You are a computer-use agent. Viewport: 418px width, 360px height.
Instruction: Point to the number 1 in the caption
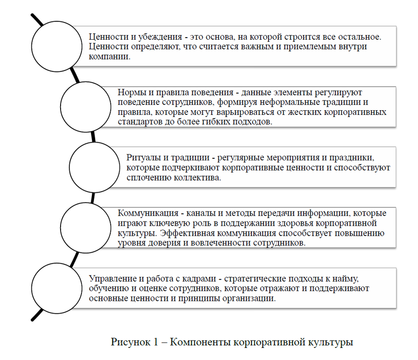pyautogui.click(x=155, y=343)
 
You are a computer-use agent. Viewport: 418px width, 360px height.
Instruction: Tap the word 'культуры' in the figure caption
pyautogui.click(x=332, y=343)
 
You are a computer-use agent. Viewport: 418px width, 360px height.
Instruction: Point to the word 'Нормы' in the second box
pyautogui.click(x=131, y=91)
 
